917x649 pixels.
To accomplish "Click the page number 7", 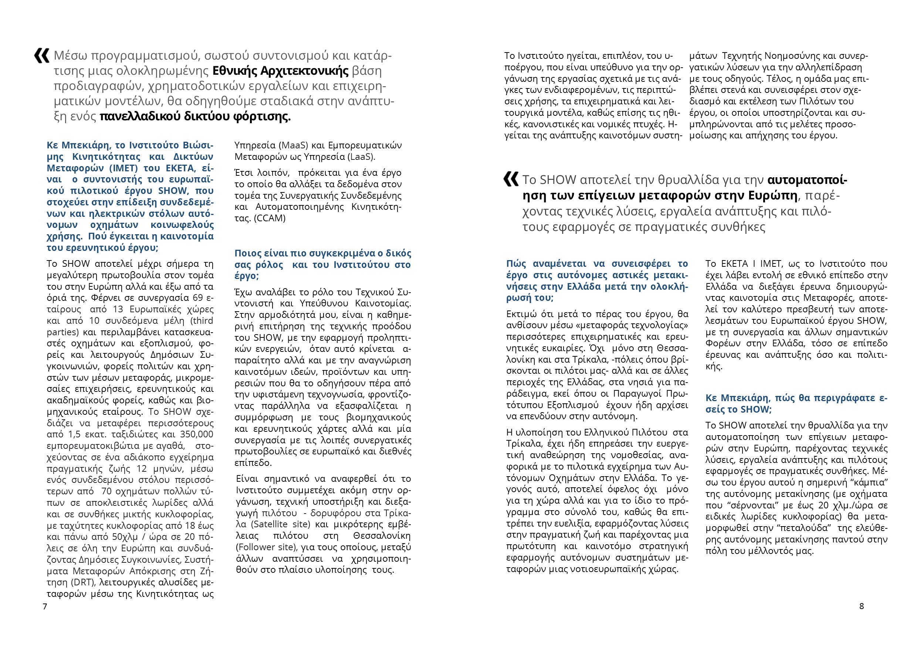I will pos(45,606).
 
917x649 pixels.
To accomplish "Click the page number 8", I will pos(862,606).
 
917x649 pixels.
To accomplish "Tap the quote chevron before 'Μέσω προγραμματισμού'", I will pos(41,56).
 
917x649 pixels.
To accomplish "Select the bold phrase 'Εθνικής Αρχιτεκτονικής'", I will pos(280,71).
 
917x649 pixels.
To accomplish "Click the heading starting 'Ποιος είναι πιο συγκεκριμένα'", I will pos(322,264).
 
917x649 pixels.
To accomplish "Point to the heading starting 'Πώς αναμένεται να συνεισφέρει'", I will pos(597,280).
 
